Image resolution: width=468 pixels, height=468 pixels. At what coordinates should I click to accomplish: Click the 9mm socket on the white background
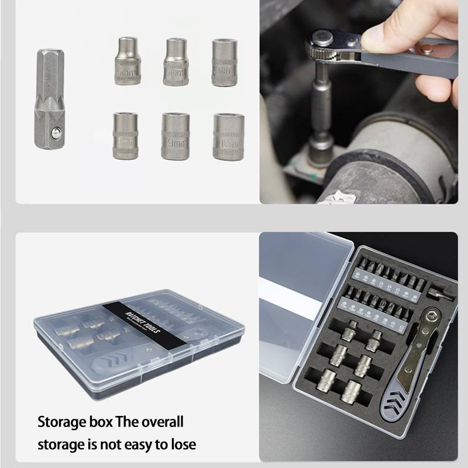(x=175, y=136)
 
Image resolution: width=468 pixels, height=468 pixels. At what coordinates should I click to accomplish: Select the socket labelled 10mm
(x=228, y=137)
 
